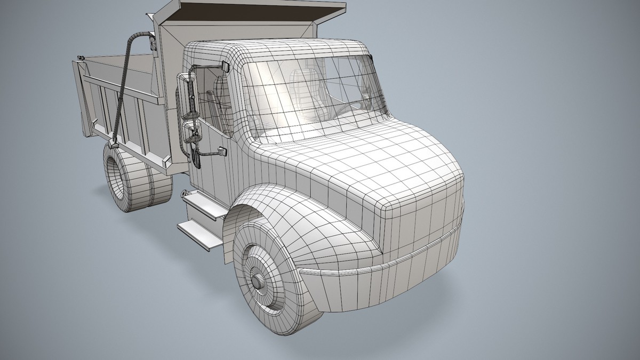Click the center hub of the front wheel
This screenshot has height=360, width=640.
coord(258,281)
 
